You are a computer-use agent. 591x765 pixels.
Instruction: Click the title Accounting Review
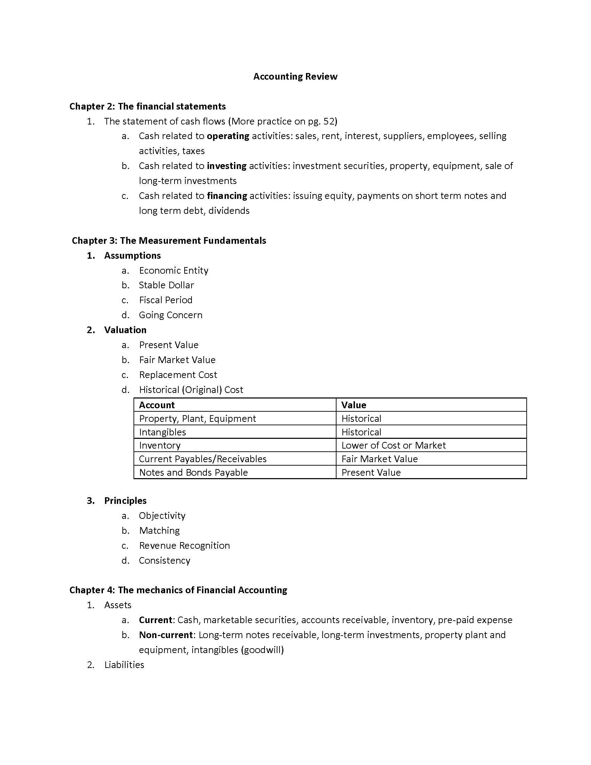click(x=295, y=76)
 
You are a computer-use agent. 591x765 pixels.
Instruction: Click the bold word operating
click(x=228, y=136)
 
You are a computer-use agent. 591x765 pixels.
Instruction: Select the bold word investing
click(x=227, y=166)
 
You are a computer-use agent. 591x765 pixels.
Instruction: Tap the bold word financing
click(x=227, y=195)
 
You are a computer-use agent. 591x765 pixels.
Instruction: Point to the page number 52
click(x=329, y=121)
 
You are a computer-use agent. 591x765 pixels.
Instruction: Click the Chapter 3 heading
click(x=169, y=240)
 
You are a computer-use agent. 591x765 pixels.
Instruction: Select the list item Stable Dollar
click(x=166, y=285)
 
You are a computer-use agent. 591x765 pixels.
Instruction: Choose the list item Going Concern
click(x=170, y=315)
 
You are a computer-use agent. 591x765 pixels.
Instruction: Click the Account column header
click(x=156, y=405)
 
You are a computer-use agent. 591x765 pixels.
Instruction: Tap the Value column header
click(x=354, y=405)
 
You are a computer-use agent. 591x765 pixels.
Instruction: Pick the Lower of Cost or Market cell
click(x=394, y=445)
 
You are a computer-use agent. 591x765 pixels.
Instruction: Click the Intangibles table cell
click(x=162, y=432)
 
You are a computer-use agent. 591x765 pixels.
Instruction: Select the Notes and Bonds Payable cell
click(x=193, y=472)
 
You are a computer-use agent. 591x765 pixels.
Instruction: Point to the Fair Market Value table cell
click(x=380, y=459)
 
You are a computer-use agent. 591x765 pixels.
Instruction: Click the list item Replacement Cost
click(x=178, y=375)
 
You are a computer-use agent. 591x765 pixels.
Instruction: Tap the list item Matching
click(x=159, y=530)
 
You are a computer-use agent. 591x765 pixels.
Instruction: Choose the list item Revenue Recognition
click(x=184, y=545)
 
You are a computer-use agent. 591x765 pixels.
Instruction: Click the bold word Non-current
click(x=165, y=635)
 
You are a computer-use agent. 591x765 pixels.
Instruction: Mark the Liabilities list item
click(x=124, y=665)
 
